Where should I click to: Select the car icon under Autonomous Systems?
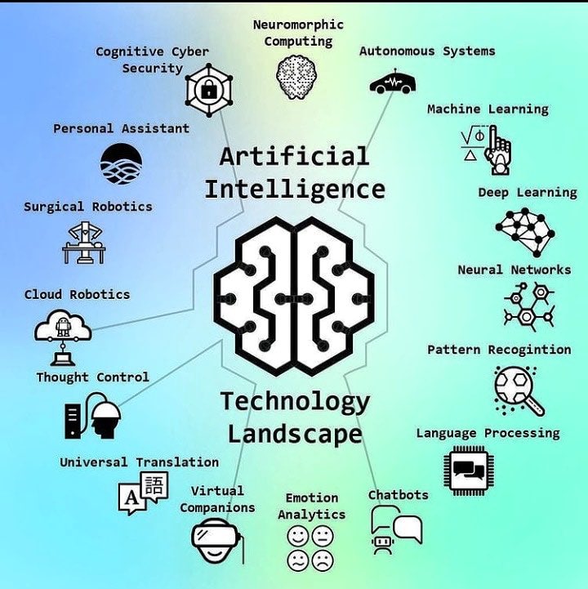pyautogui.click(x=392, y=83)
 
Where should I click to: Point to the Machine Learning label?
pyautogui.click(x=488, y=109)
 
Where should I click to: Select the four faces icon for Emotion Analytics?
pyautogui.click(x=310, y=548)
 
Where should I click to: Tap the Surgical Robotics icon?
pyautogui.click(x=84, y=242)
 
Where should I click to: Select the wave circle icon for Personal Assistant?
pyautogui.click(x=121, y=163)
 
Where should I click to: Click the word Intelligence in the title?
pyautogui.click(x=294, y=190)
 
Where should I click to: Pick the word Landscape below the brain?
pyautogui.click(x=294, y=433)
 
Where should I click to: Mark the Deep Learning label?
pyautogui.click(x=527, y=193)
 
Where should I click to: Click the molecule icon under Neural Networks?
pyautogui.click(x=528, y=306)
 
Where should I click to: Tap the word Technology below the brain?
pyautogui.click(x=294, y=402)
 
